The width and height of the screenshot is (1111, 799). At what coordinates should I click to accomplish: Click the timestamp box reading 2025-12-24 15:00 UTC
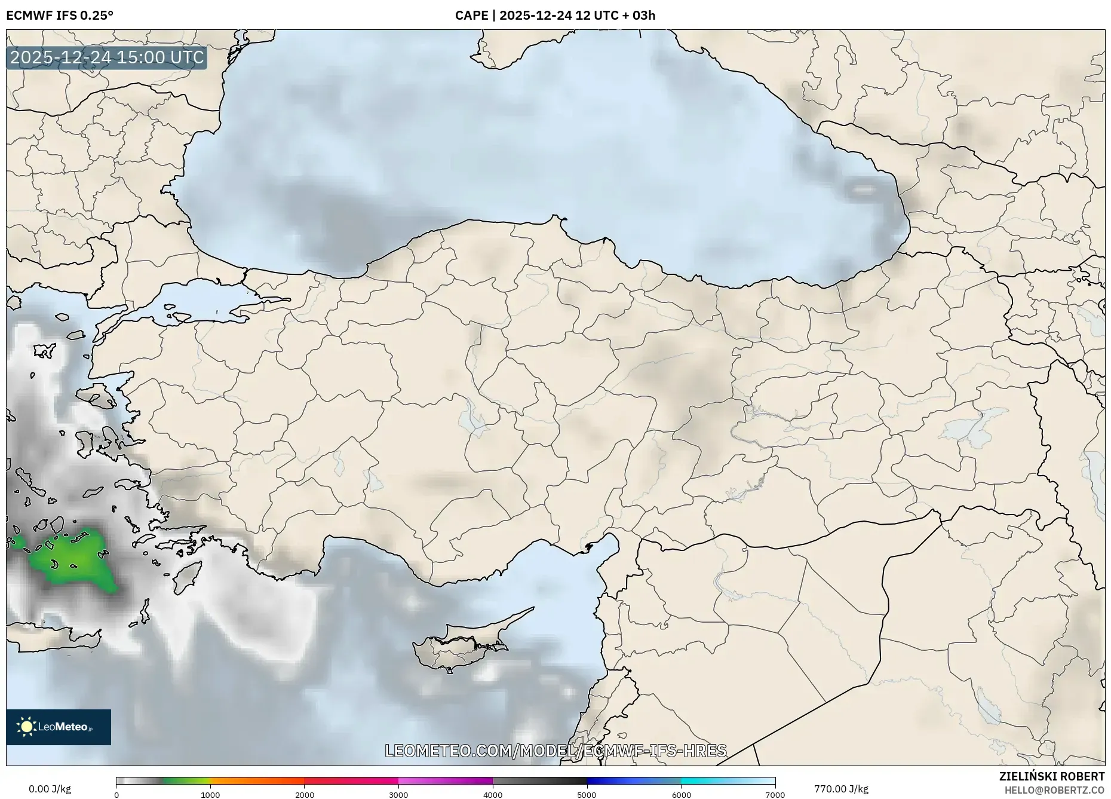[x=107, y=57]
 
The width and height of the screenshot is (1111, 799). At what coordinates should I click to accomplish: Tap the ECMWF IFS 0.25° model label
[x=60, y=15]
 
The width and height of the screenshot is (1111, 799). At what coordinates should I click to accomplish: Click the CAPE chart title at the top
[x=555, y=15]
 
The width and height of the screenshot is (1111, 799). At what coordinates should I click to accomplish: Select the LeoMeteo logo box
[x=59, y=727]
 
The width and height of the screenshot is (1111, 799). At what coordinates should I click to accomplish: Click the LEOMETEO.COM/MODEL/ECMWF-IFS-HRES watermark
[x=555, y=751]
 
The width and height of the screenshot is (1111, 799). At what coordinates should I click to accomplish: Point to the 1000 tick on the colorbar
[x=210, y=795]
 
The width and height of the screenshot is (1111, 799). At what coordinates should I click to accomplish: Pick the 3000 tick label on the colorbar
[x=398, y=795]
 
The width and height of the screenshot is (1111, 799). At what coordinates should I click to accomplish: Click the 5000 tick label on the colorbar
[x=587, y=795]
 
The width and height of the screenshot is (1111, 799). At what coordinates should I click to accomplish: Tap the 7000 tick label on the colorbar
[x=775, y=795]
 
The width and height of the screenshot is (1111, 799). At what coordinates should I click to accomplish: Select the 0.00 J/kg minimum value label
[x=50, y=789]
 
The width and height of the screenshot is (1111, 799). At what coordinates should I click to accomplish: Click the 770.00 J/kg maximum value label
[x=841, y=789]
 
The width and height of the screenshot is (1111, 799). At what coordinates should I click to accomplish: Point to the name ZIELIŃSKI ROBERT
[x=1051, y=776]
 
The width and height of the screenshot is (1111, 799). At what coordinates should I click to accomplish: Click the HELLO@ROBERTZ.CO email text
[x=1054, y=790]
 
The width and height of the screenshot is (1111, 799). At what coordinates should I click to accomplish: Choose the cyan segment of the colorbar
[x=705, y=780]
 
